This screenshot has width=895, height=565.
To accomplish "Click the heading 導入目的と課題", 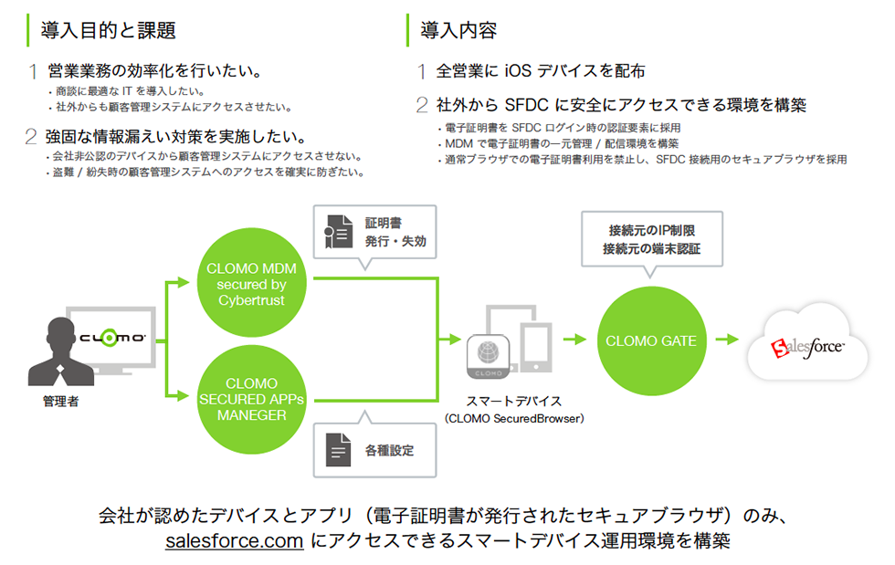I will (x=109, y=30).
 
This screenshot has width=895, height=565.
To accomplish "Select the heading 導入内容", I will (x=458, y=30).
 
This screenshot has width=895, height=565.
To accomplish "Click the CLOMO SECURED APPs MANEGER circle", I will (x=252, y=399).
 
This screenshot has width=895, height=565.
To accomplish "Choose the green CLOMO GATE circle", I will (x=651, y=341).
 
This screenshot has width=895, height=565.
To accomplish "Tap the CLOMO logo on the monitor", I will (x=111, y=338).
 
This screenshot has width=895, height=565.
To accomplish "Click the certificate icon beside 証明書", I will (x=338, y=234).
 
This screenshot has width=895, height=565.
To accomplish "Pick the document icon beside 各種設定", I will (x=338, y=450).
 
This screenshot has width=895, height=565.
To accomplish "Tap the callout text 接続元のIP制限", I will (x=651, y=229).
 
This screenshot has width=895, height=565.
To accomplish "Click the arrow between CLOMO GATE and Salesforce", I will (x=726, y=340).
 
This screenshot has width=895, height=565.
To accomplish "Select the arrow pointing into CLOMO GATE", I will (x=574, y=340).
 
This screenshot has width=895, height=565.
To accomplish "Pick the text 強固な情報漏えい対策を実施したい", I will (x=176, y=138).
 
